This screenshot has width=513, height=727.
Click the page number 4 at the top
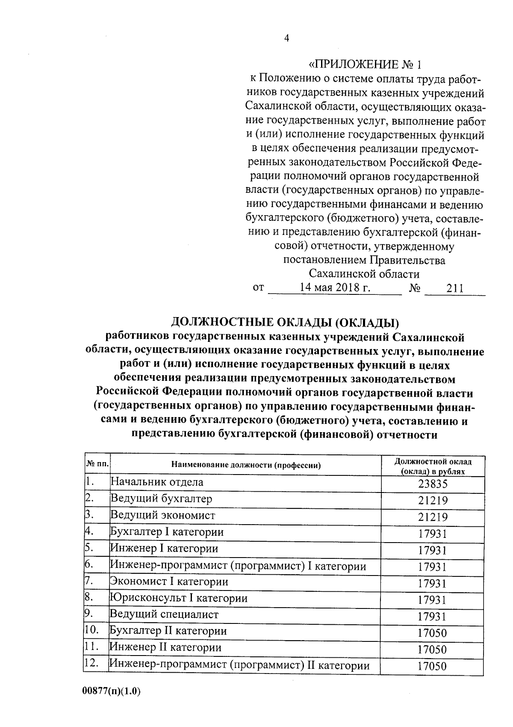[287, 39]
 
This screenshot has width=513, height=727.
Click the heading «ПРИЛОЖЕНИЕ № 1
[365, 65]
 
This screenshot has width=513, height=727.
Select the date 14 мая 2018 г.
[335, 288]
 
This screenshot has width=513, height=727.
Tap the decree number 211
[455, 289]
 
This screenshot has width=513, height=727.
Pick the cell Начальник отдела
[157, 482]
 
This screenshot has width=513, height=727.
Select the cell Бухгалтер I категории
[167, 532]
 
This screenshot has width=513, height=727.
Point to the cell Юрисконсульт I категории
[179, 598]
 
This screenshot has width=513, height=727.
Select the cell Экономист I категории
[169, 582]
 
